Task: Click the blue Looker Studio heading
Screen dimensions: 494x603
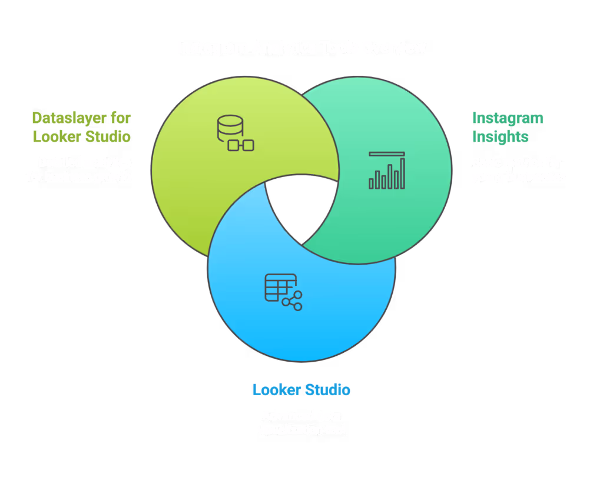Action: [x=301, y=389]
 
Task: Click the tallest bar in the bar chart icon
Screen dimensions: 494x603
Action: [x=402, y=173]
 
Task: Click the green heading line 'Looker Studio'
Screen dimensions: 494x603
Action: [x=82, y=136]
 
